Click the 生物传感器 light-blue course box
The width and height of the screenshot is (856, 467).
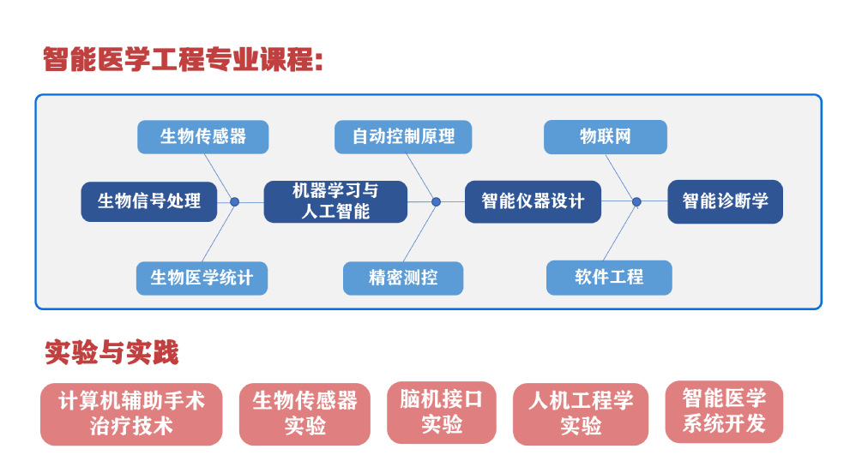(202, 137)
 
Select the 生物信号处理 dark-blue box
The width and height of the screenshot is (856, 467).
(149, 201)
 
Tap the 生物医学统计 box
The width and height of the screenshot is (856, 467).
(202, 278)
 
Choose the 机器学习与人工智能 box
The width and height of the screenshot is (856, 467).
(335, 201)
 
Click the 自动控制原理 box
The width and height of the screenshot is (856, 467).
(403, 137)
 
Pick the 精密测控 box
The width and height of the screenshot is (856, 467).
(403, 278)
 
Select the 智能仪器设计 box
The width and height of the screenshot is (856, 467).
(533, 201)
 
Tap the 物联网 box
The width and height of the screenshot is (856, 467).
(606, 137)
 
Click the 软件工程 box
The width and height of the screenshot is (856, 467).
(609, 278)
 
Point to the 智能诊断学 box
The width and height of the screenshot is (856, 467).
(725, 201)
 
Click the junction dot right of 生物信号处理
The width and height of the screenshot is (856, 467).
(235, 202)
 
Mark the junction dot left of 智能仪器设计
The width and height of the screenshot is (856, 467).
(436, 202)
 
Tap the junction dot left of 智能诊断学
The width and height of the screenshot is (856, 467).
(636, 202)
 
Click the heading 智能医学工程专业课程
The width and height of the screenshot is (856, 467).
(183, 59)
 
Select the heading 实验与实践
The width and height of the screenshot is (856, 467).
(112, 352)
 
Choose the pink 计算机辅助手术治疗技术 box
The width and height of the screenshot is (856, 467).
(131, 414)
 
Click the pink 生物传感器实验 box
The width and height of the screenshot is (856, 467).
(304, 414)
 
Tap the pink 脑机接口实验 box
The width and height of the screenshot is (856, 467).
(442, 412)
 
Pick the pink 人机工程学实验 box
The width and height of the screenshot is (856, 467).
(581, 414)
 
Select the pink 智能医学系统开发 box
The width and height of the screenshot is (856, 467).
(724, 412)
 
